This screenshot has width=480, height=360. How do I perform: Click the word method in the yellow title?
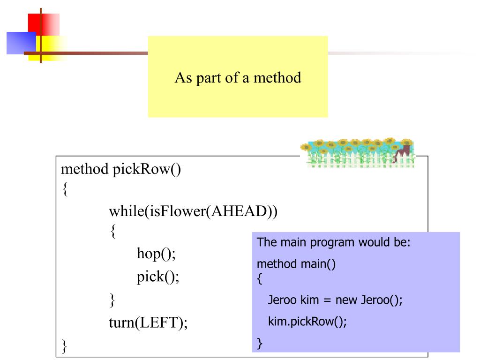coord(277,78)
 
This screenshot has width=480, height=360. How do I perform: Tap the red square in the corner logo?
coord(44,24)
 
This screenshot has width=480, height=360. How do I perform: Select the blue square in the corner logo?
coord(21,43)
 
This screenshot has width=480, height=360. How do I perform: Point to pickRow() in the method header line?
coord(147,170)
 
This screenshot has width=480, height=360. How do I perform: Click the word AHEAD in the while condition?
coord(239,211)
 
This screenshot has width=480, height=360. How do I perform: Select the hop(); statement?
coord(156,254)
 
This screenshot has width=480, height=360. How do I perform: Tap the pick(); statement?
coord(157,277)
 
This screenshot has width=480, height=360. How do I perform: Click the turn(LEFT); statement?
coord(148,323)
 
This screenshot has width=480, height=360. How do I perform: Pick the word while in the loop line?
coord(127,211)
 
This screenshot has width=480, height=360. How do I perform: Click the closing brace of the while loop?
coord(112,300)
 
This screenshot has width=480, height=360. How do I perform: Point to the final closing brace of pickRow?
coord(64,346)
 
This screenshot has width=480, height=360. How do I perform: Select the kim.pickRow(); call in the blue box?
coord(307,322)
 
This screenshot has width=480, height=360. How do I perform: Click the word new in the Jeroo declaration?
coord(346,300)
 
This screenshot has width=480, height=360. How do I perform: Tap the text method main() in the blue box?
coord(296,264)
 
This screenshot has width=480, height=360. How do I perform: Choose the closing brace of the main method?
coord(260,344)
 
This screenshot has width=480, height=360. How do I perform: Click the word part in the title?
coord(209,78)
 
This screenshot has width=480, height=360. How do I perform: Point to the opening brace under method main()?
coord(260,279)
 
